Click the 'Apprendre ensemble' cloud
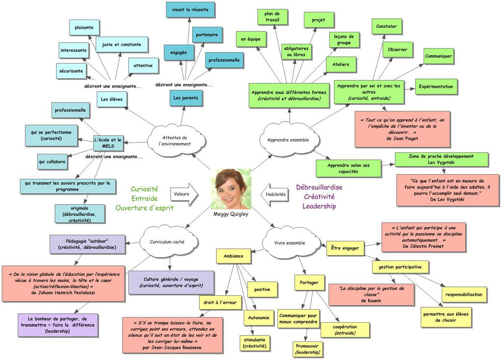[288, 140]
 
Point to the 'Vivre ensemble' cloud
[289, 242]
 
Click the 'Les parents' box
[186, 98]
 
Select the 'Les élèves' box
[112, 100]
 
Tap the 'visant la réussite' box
[190, 10]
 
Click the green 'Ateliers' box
[341, 64]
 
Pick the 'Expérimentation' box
[436, 87]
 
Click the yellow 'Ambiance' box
[233, 256]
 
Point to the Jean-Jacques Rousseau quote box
[172, 335]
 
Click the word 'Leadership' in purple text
[319, 206]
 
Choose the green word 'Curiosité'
[144, 189]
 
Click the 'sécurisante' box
[72, 71]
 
